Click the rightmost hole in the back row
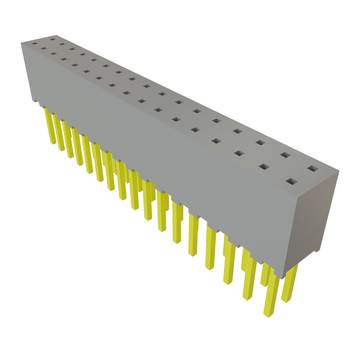(x=311, y=169)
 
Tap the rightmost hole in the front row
(x=291, y=182)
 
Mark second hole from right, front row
(x=264, y=166)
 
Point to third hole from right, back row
(x=260, y=142)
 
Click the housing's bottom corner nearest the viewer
(x=283, y=276)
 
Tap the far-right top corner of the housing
(x=339, y=170)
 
